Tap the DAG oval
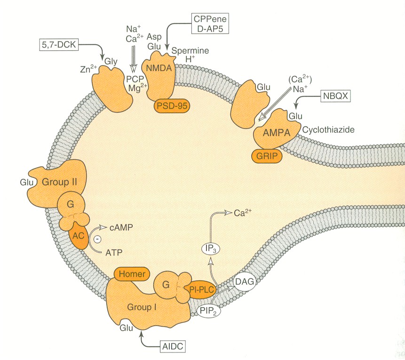tap(245, 282)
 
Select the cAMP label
tap(120, 227)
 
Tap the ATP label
tap(114, 253)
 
